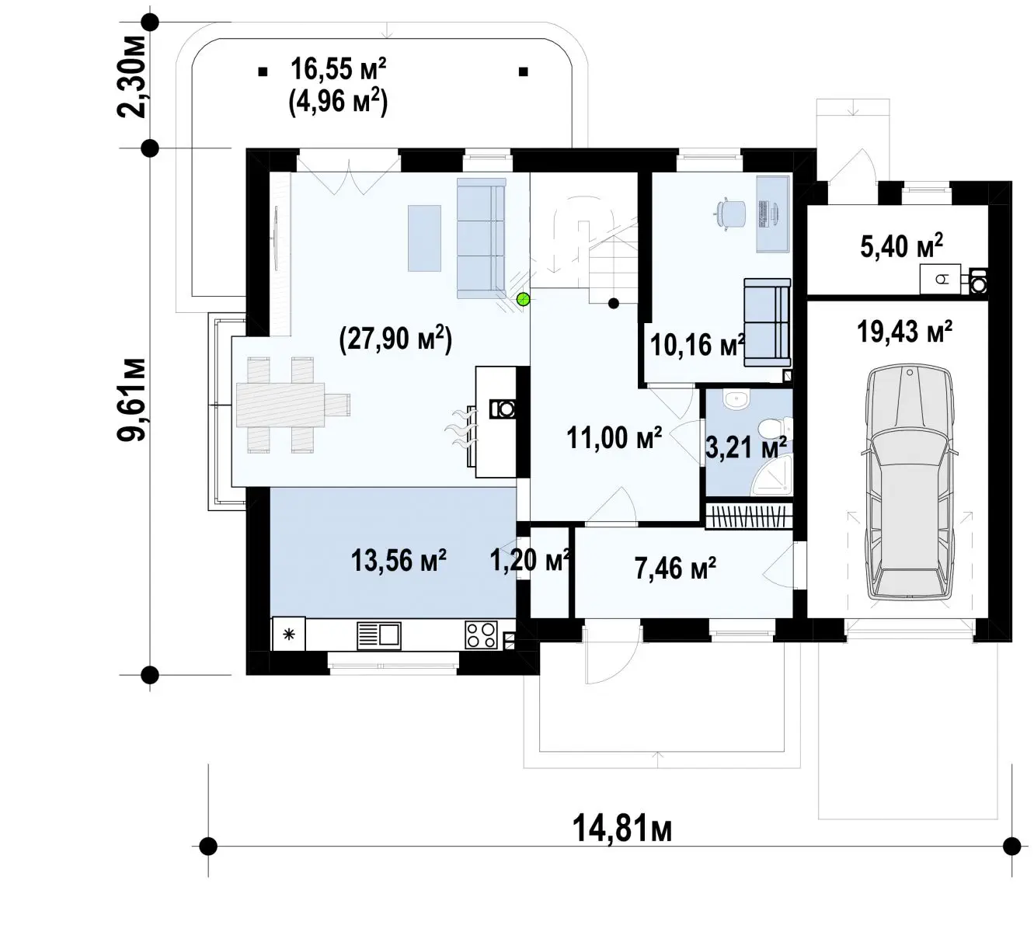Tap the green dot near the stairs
click(523, 298)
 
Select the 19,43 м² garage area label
click(904, 332)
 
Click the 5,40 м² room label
click(901, 246)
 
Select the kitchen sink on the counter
click(379, 635)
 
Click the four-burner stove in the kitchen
click(482, 635)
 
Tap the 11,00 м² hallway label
click(614, 438)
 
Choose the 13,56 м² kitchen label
click(399, 560)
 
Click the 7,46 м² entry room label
click(675, 569)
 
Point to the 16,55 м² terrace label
click(338, 69)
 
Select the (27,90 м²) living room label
click(395, 339)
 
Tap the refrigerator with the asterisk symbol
click(289, 634)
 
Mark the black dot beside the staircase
click(614, 304)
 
